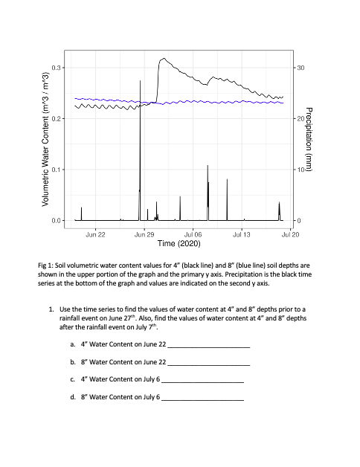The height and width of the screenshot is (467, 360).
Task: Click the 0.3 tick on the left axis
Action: click(57, 68)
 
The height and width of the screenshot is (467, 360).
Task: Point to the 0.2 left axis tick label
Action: click(57, 119)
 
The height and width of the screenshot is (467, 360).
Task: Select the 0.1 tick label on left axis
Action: click(57, 170)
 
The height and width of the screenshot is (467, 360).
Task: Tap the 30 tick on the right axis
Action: click(300, 68)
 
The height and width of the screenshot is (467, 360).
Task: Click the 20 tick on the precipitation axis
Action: click(300, 119)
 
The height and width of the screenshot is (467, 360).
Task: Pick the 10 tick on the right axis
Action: click(300, 170)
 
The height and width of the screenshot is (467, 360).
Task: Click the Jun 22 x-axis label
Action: click(96, 234)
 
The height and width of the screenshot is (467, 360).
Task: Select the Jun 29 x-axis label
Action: click(144, 234)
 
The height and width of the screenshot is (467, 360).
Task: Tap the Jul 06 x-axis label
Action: click(193, 234)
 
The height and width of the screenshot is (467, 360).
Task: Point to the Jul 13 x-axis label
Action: click(242, 234)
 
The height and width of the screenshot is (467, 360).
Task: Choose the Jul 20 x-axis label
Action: click(290, 234)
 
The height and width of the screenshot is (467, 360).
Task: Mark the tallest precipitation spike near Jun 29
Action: click(140, 81)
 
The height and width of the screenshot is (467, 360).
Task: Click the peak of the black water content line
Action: click(163, 58)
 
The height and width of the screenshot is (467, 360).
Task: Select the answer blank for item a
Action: click(209, 347)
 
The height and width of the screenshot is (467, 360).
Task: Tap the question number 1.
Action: click(51, 309)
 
